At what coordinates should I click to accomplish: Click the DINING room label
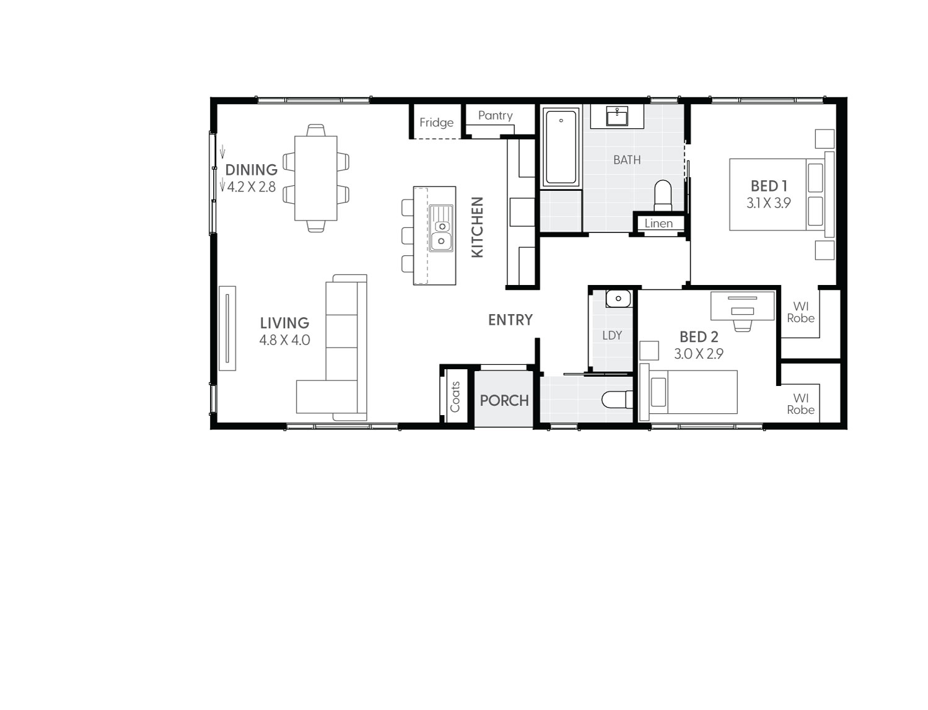coord(251,170)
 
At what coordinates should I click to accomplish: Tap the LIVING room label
coord(284,323)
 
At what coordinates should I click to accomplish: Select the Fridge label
coord(436,123)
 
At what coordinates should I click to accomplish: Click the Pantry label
coord(495,116)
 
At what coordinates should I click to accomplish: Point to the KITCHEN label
coord(477,227)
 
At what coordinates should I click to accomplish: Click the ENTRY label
coord(510,320)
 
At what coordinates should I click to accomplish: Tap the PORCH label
coord(504,400)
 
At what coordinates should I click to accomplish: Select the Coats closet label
coord(455,397)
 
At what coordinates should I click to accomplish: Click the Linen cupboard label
coord(658,224)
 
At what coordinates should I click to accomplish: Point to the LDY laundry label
coord(611,335)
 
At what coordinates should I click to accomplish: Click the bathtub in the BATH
coord(561,147)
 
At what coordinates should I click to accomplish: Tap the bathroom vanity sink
coord(617,116)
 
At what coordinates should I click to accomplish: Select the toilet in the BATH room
coord(663,195)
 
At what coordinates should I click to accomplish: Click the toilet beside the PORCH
coord(617,400)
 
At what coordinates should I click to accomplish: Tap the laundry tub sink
coord(618,299)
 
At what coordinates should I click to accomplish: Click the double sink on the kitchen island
coord(441,228)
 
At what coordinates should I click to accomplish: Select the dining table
coord(316,178)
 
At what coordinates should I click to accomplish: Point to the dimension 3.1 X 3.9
coord(768,203)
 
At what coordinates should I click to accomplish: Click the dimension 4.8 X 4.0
coord(284,340)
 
